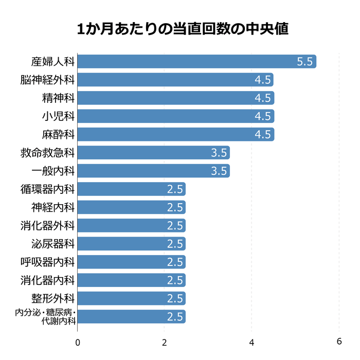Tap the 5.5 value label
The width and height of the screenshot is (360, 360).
click(x=304, y=62)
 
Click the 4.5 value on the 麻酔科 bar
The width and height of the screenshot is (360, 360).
click(x=262, y=135)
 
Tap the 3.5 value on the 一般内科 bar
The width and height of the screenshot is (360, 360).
click(x=219, y=171)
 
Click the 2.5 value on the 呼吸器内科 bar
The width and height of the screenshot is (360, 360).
click(x=175, y=262)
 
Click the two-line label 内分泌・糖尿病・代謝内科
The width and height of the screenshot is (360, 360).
click(x=46, y=317)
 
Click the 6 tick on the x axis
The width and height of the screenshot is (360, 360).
click(x=339, y=341)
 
